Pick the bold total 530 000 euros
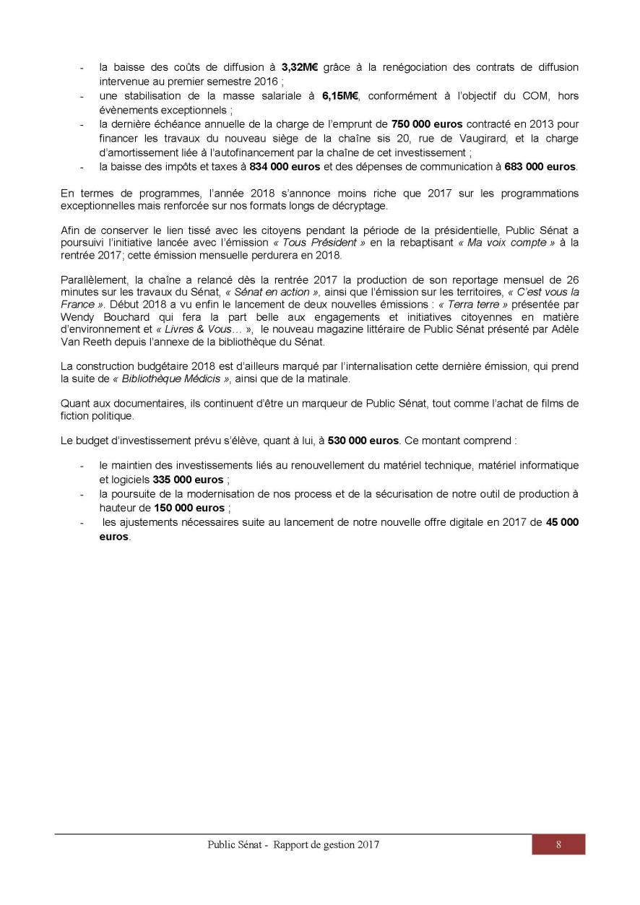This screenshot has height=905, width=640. coord(363,439)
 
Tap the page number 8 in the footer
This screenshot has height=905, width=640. coord(558,844)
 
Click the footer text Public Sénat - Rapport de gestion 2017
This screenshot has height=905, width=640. coord(293,844)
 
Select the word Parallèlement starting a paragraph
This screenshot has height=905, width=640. coord(90,279)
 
